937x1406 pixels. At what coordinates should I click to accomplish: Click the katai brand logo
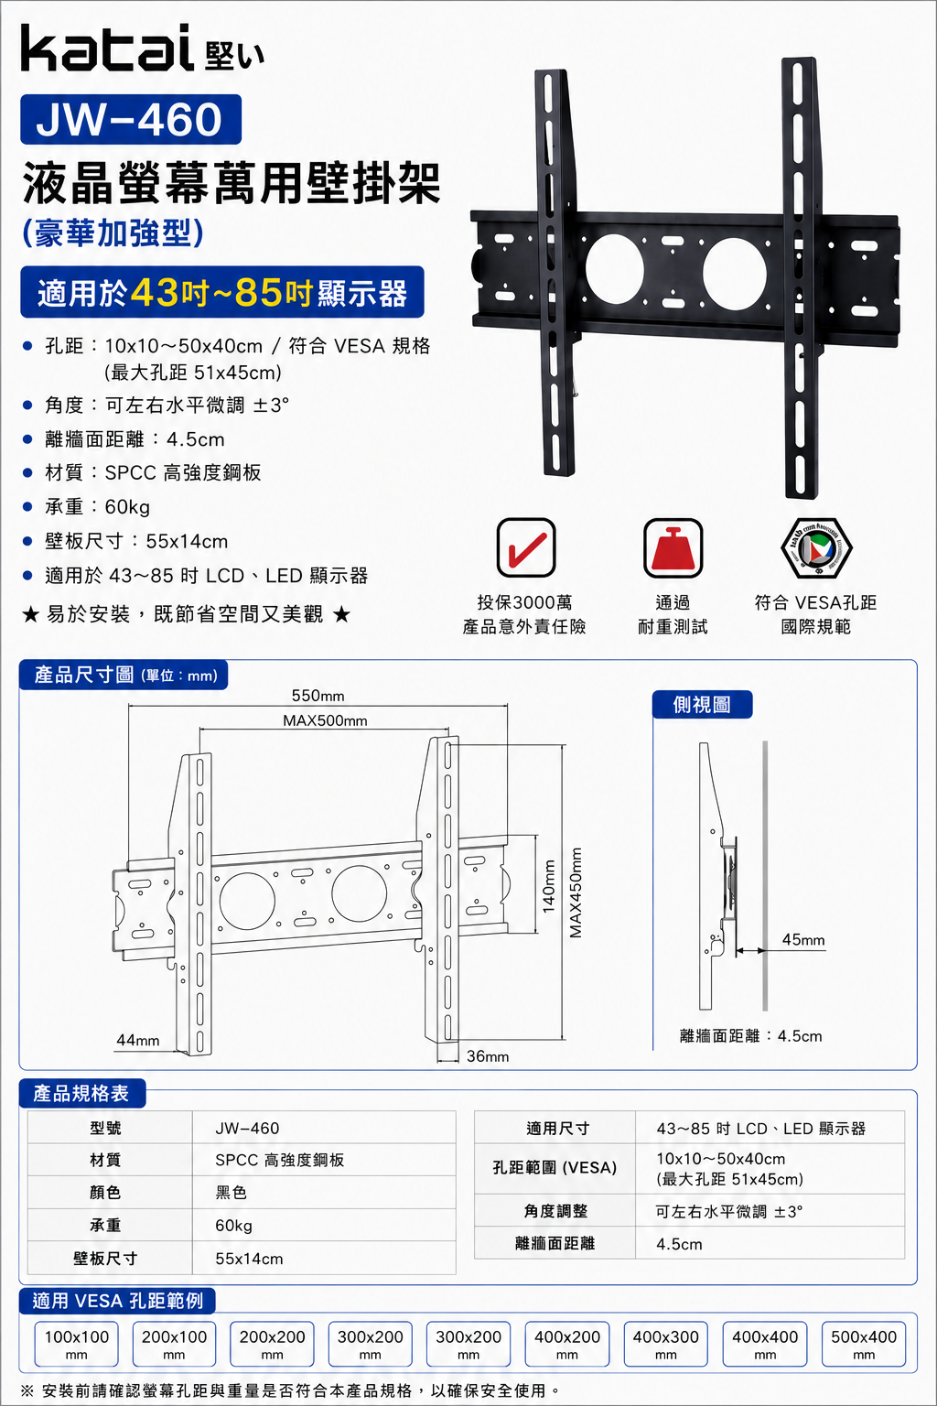point(143,49)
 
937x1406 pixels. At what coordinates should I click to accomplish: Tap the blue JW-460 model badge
point(131,119)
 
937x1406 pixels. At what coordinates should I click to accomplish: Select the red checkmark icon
point(526,547)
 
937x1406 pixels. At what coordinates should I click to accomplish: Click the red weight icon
point(673,547)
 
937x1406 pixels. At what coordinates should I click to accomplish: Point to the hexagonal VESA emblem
point(816,547)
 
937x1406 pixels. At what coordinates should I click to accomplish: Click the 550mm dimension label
point(318,696)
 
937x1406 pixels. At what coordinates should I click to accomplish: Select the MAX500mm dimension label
point(325,720)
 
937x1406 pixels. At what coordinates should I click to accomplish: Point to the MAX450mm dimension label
point(576,892)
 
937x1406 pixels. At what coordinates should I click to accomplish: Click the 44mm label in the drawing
point(137,1040)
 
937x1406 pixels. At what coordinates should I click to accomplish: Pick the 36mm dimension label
point(488,1056)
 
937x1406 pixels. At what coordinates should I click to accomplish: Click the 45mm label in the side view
point(803,940)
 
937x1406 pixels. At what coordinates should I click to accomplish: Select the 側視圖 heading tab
point(702,704)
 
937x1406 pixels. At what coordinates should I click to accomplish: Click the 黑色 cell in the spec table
point(231,1193)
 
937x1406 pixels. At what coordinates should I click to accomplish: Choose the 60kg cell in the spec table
point(233,1226)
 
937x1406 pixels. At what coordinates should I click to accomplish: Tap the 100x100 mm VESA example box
point(77,1344)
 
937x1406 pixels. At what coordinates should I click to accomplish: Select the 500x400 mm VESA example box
point(864,1344)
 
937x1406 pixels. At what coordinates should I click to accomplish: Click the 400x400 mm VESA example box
point(765,1344)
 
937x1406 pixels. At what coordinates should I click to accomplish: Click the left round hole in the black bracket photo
point(614,269)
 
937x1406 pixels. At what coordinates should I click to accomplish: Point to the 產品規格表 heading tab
point(82,1093)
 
